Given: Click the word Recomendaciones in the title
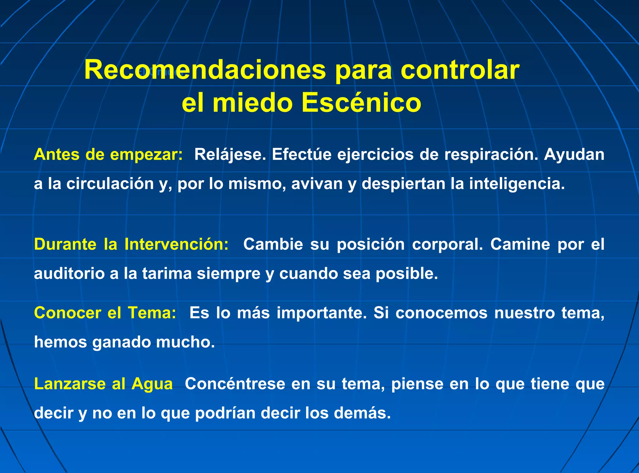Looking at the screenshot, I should point(205,70).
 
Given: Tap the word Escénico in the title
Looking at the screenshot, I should point(361,103).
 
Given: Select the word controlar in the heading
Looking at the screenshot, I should point(460,70).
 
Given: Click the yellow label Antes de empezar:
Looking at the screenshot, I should point(108,154).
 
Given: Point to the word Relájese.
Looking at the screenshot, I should point(230,154).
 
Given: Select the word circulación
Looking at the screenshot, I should point(110,184).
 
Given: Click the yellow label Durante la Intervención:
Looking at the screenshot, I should point(131,244).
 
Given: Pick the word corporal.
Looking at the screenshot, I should point(447,244).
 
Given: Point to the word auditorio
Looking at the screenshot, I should point(69,273).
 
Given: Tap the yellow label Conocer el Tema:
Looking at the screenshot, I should point(105,313).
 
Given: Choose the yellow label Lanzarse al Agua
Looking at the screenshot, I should point(103,384).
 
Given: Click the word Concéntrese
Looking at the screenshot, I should point(235,384).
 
